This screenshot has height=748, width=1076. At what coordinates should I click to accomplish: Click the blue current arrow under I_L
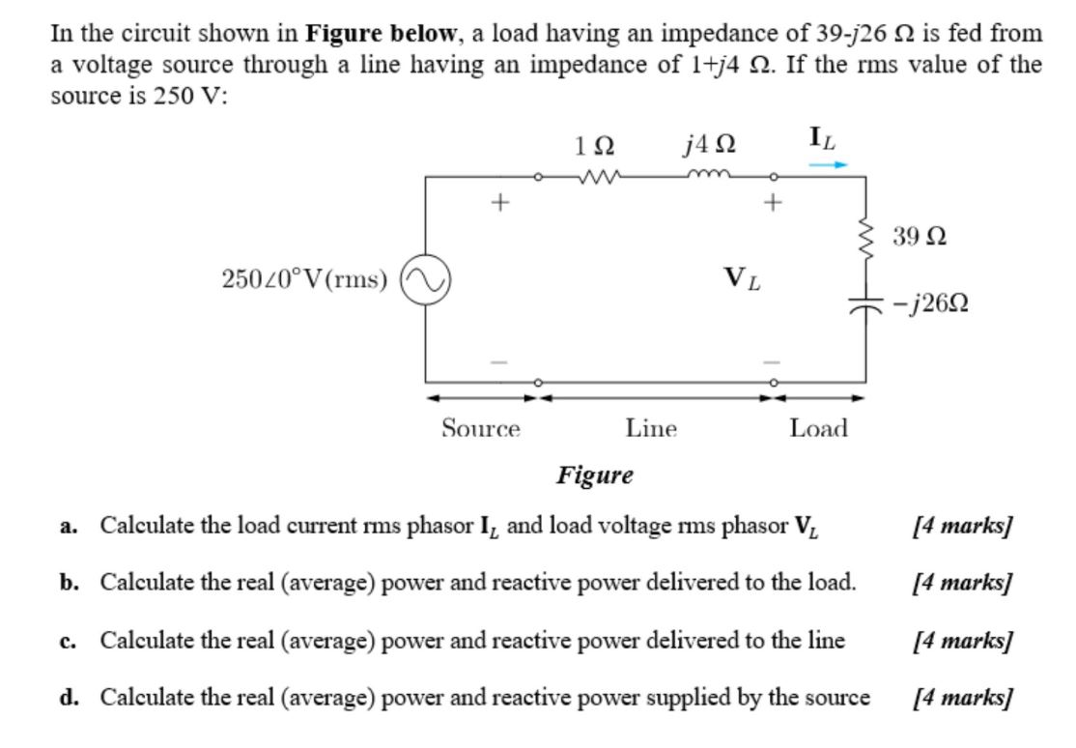828,165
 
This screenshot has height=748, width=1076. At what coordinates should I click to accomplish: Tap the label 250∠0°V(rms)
304,280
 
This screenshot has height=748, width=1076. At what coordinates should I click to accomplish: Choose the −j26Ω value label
932,303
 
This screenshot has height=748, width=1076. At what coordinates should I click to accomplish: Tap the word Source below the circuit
481,427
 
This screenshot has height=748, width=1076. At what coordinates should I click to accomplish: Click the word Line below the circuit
651,427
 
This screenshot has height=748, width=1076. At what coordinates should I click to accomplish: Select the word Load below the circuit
818,427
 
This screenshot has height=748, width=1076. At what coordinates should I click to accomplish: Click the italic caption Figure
594,475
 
